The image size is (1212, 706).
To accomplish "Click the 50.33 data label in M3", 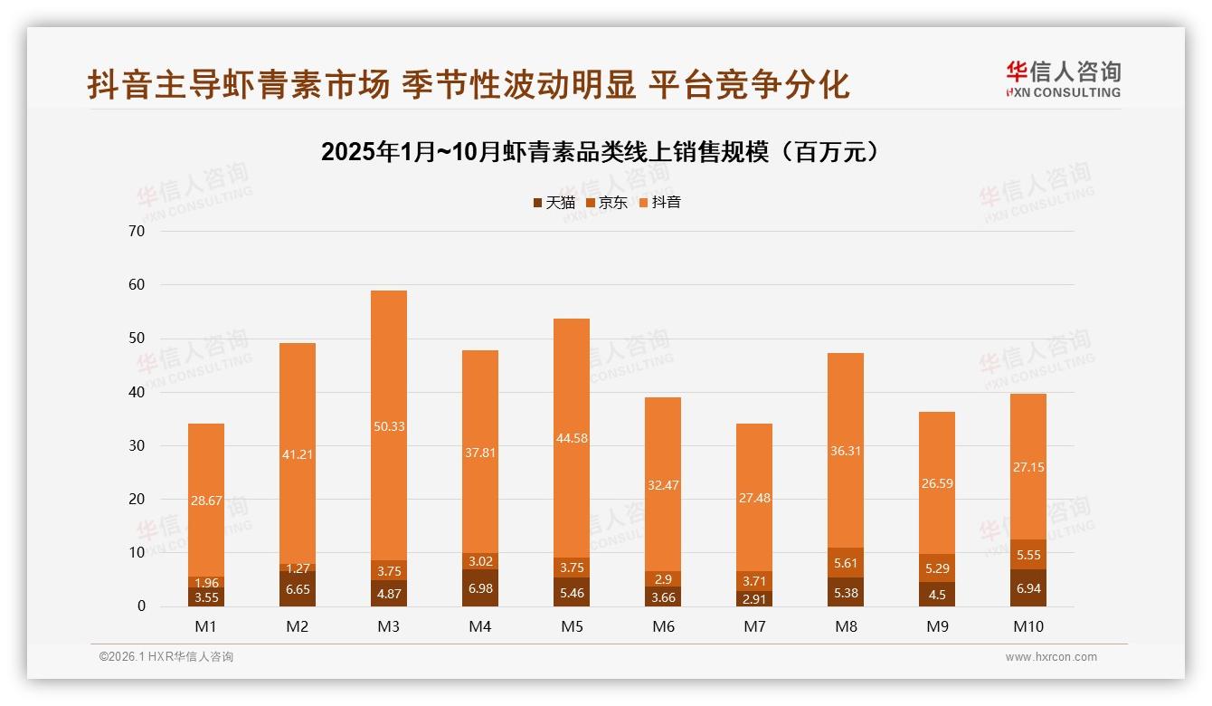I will (389, 426).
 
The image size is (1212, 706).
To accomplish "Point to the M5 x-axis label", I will (572, 626).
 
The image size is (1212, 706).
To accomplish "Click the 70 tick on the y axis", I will (137, 231).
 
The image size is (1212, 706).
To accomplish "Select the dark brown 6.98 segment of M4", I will (480, 589).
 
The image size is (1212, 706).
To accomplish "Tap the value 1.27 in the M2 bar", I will (298, 569).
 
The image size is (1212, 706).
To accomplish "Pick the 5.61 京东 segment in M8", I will (846, 562).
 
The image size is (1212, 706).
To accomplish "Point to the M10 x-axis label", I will (1028, 626).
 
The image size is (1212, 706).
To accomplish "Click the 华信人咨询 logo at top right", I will (1063, 79).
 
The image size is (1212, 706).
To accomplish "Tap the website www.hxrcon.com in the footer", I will (1051, 657).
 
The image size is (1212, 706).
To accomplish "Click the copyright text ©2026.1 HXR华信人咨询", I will (166, 657).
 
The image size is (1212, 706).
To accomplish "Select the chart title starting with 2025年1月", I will (599, 152).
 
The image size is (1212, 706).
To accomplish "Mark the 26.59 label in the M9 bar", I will (937, 483).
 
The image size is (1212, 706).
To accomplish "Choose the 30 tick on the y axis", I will (137, 445).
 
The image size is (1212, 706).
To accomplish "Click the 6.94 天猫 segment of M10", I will (1028, 588).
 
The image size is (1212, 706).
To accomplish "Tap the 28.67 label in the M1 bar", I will (206, 500).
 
